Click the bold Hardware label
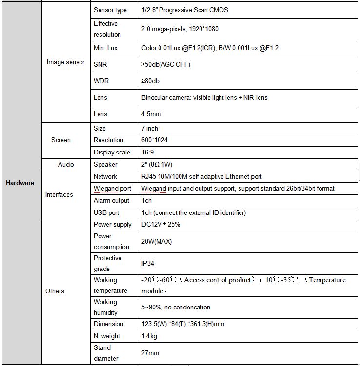(x=20, y=183)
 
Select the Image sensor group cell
(x=65, y=62)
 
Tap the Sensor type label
(x=110, y=10)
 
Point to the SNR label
(x=100, y=64)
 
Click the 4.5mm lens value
(x=151, y=114)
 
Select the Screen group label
(x=61, y=140)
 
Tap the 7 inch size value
(x=150, y=128)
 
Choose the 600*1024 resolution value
(x=155, y=140)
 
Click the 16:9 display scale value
(x=148, y=153)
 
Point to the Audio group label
(x=66, y=165)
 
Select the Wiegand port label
(x=112, y=189)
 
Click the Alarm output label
(x=111, y=201)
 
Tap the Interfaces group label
(x=59, y=194)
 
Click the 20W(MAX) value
(x=156, y=241)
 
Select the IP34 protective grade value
(x=148, y=263)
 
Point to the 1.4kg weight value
(x=149, y=336)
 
